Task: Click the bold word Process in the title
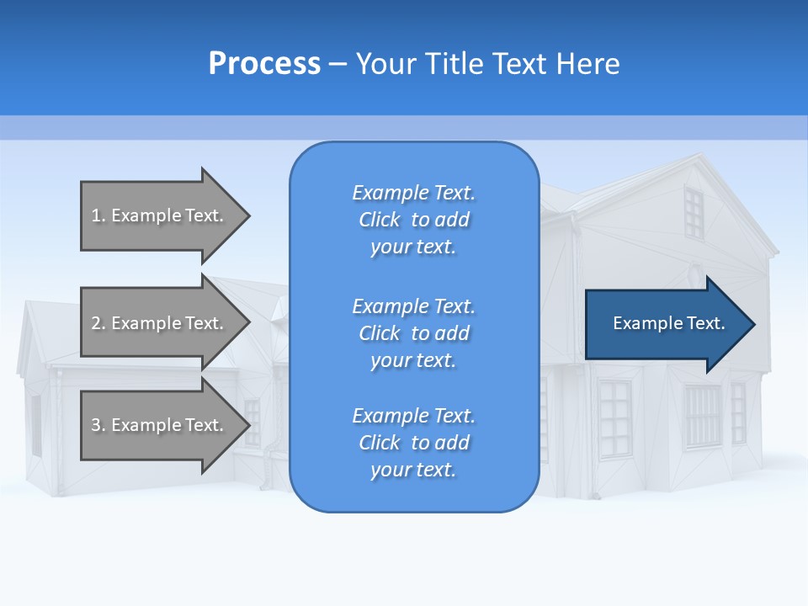click(264, 64)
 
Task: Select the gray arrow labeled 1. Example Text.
click(160, 215)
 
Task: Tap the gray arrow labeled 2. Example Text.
click(160, 323)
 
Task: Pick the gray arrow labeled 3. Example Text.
click(160, 425)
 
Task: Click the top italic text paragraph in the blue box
click(413, 220)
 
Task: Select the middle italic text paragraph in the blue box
click(413, 332)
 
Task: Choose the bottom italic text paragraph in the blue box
click(413, 443)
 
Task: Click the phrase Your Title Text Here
click(487, 64)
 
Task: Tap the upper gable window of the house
click(693, 213)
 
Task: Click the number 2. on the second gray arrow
click(98, 323)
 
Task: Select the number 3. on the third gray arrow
click(98, 425)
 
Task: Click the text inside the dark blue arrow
click(668, 323)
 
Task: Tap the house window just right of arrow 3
click(252, 421)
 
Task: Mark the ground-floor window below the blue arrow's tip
click(738, 412)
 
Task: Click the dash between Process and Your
click(338, 64)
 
